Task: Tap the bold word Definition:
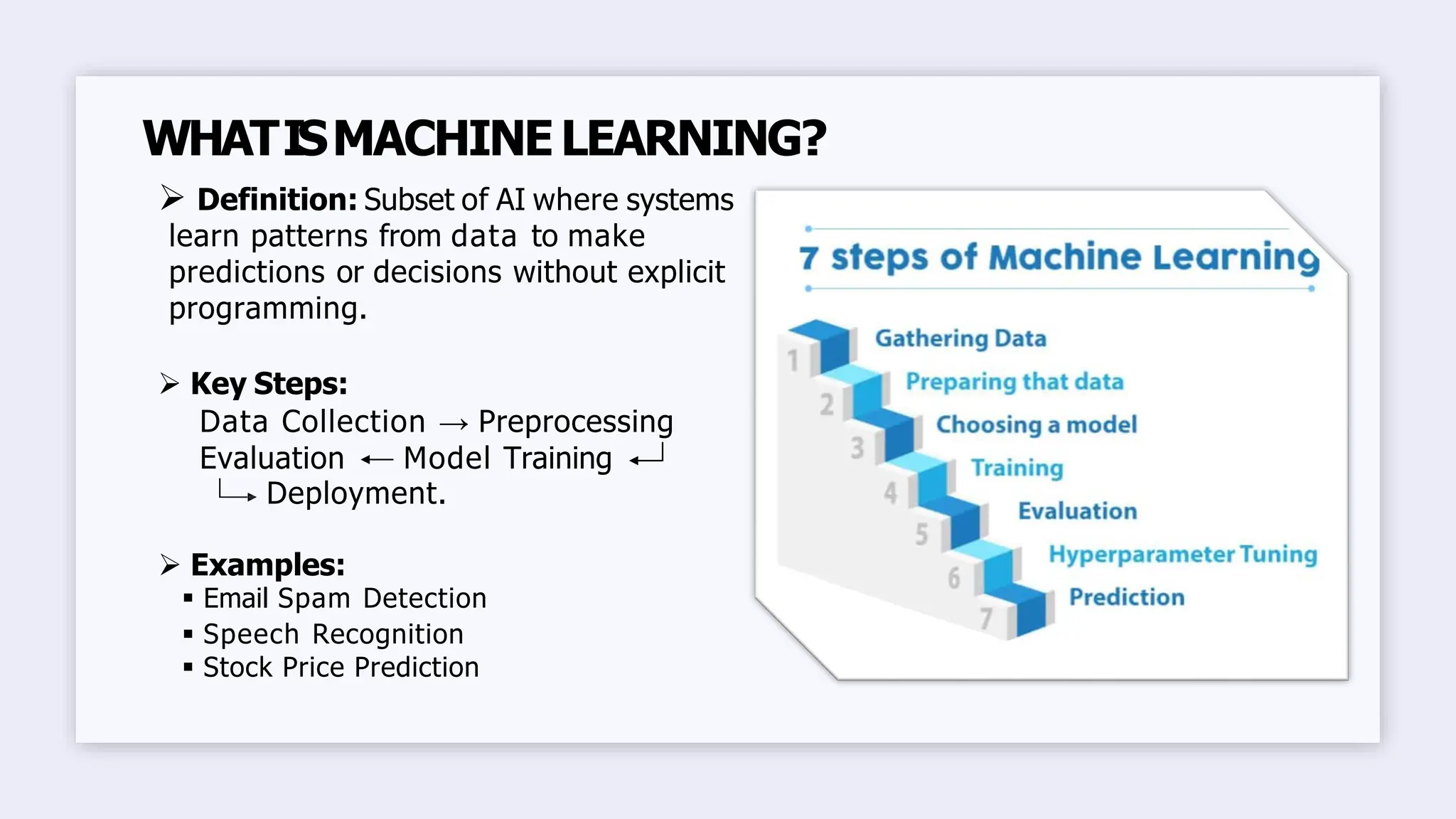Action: tap(277, 200)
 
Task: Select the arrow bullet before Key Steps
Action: tap(170, 384)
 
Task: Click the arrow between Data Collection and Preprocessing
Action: tap(454, 424)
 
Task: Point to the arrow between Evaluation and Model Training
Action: tap(376, 461)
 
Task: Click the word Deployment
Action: tap(355, 493)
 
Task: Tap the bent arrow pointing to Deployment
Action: tap(237, 492)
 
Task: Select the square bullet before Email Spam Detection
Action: tap(188, 599)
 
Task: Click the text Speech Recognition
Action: tap(333, 634)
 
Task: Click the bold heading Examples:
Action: tap(267, 565)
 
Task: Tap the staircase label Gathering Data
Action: tap(960, 338)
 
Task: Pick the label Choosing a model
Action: tap(1036, 425)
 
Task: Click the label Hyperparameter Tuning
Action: tap(1182, 555)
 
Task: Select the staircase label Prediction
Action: tap(1126, 597)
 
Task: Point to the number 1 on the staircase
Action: tap(793, 361)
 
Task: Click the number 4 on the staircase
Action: tap(890, 493)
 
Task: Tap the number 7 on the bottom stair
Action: tap(985, 619)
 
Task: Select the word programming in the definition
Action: tap(267, 309)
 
